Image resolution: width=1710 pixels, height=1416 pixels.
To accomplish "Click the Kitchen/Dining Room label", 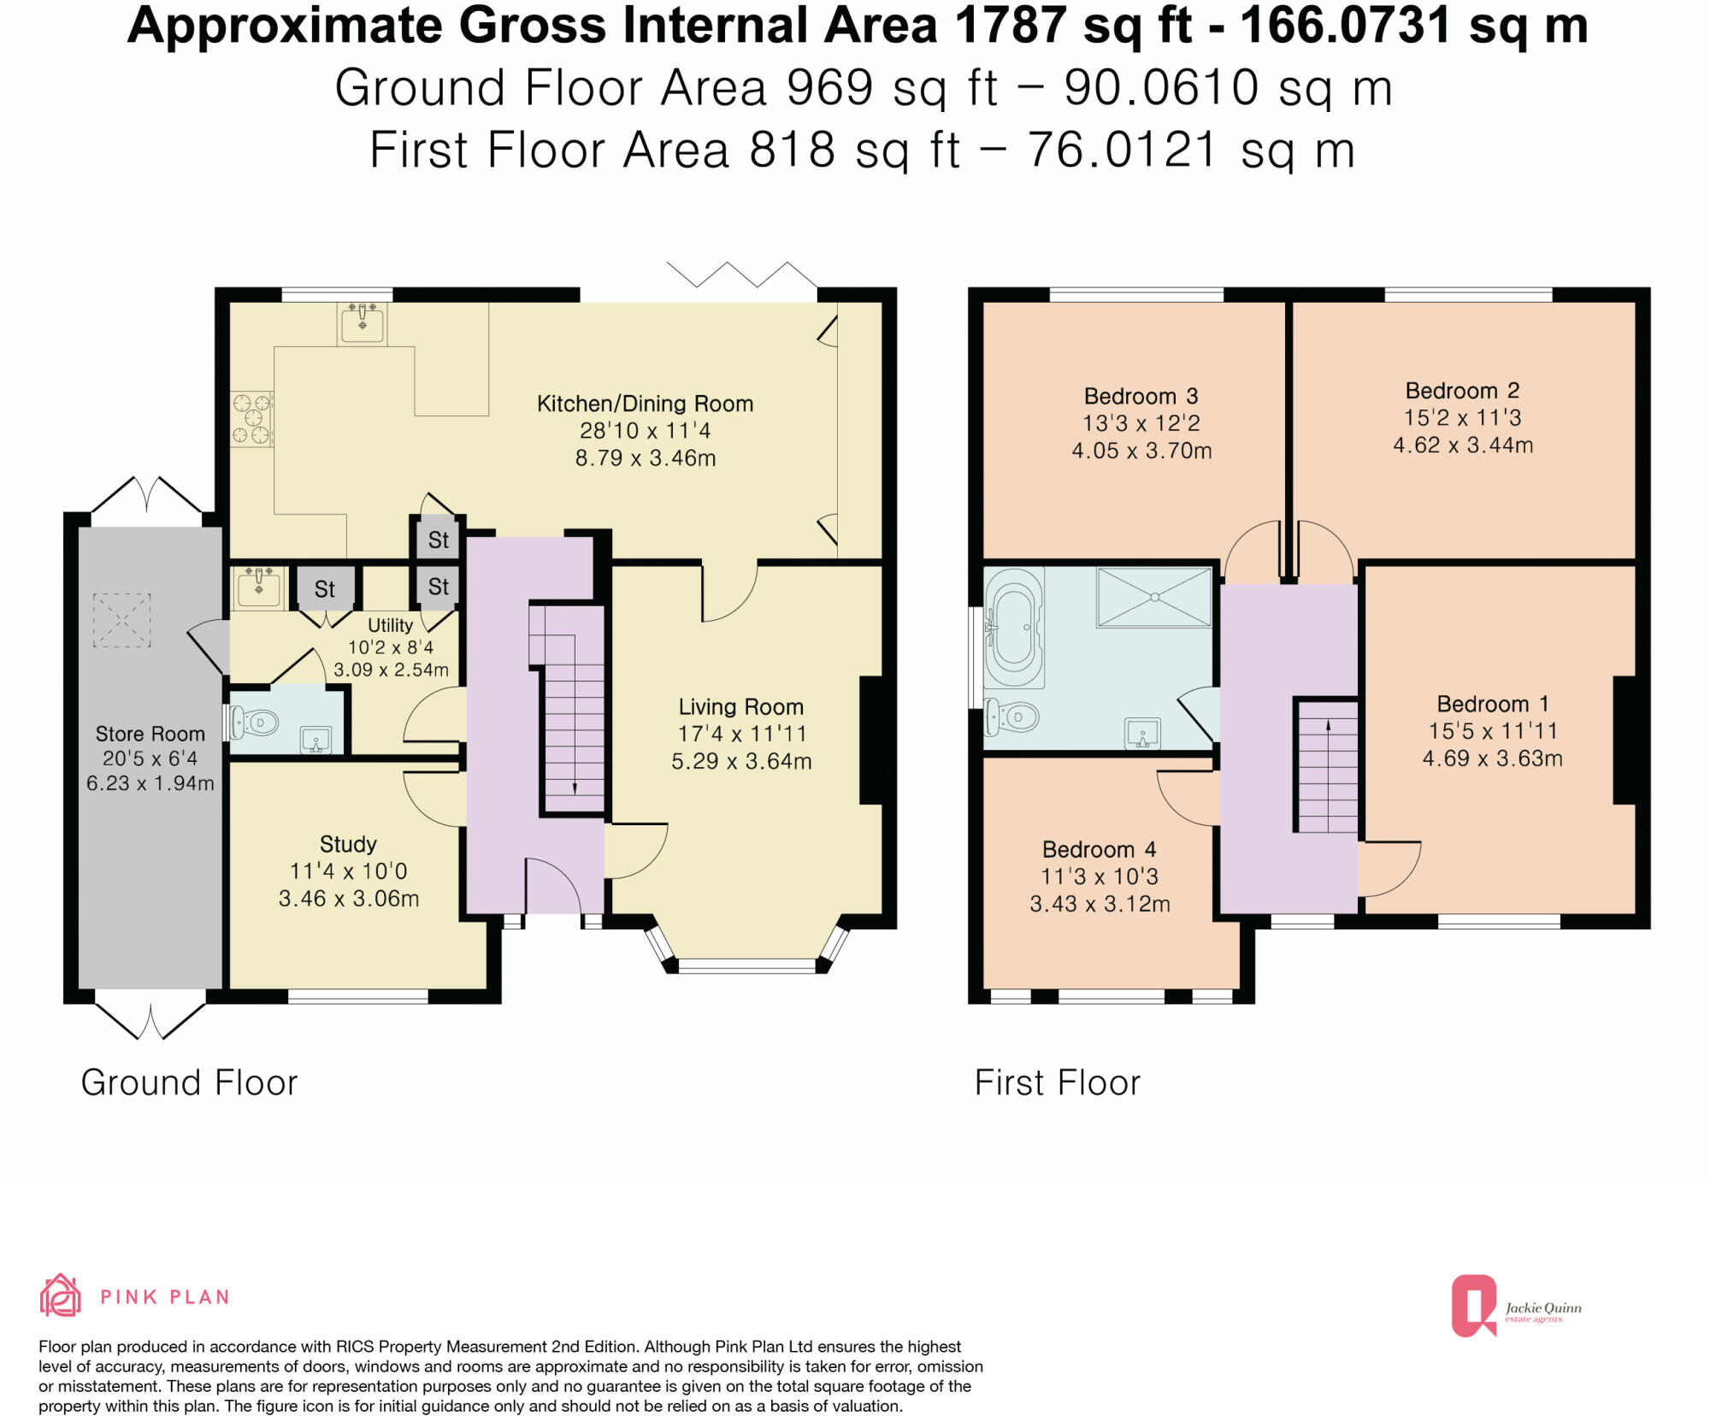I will tap(645, 404).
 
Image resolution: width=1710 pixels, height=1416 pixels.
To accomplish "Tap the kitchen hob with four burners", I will tap(252, 418).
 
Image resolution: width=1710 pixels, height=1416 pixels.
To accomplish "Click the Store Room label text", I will tap(150, 734).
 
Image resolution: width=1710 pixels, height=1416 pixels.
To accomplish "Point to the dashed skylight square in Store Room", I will tap(121, 620).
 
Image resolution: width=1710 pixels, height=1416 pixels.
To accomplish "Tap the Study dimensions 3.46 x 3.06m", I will tap(349, 898).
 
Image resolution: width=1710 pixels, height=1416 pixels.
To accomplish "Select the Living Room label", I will tap(740, 706).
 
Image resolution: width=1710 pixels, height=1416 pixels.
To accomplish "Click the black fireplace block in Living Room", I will tap(870, 740).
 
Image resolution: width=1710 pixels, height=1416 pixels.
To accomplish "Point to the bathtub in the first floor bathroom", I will tap(1014, 627).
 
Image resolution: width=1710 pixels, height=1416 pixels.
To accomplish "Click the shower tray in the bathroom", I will tap(1154, 596).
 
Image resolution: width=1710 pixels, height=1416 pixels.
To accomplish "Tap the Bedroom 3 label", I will tap(1141, 396).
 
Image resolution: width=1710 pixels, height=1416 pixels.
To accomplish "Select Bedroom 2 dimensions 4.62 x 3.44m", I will tap(1463, 445).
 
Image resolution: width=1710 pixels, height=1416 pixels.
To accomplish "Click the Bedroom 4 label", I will tap(1099, 849).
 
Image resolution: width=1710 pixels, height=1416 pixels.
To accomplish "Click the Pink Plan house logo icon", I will tap(61, 1295).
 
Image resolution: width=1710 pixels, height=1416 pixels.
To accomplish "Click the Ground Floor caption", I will tap(189, 1083).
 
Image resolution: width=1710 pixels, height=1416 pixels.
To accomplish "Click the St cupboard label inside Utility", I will tap(325, 588).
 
